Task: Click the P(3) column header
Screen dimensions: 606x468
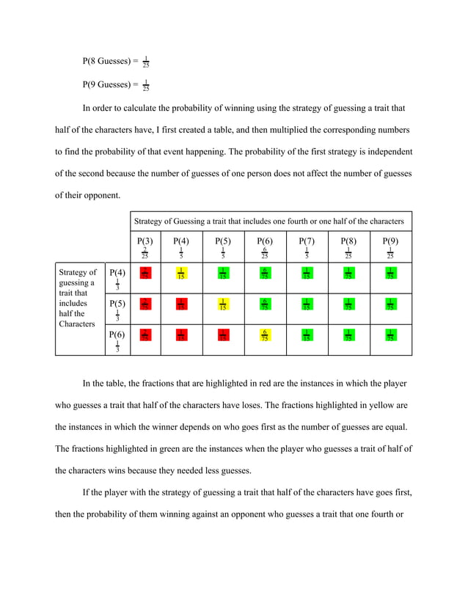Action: (145, 241)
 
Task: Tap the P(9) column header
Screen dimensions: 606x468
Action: (390, 241)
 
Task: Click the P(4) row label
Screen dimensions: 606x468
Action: (117, 273)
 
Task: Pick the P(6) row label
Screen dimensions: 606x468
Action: (117, 335)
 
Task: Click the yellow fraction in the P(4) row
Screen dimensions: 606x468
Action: (180, 274)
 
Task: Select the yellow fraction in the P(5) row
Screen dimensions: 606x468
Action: (222, 304)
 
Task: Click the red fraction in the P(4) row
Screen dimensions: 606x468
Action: (145, 274)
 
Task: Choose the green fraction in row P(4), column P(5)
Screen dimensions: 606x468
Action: (222, 274)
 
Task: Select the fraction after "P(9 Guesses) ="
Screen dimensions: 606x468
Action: (146, 85)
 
